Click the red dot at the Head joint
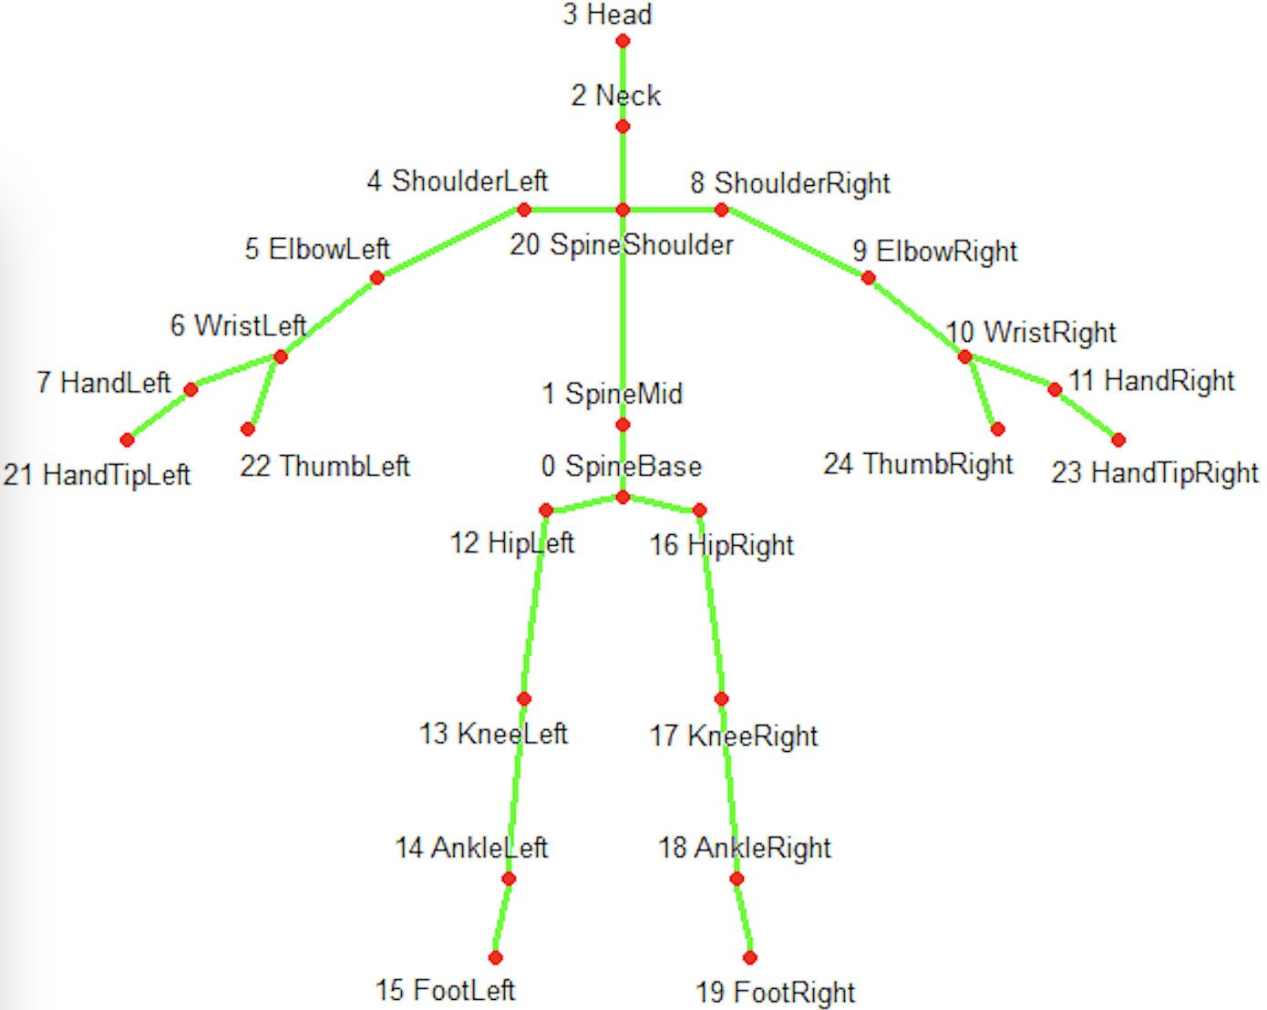pyautogui.click(x=623, y=41)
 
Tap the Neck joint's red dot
pyautogui.click(x=623, y=126)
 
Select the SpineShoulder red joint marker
pyautogui.click(x=623, y=210)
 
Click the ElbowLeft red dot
pyautogui.click(x=376, y=278)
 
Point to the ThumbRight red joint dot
pyautogui.click(x=997, y=428)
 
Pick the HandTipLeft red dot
pyautogui.click(x=128, y=439)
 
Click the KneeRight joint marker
pyautogui.click(x=721, y=699)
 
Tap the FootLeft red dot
pyautogui.click(x=495, y=957)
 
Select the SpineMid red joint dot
pyautogui.click(x=623, y=425)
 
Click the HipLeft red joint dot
pyautogui.click(x=546, y=510)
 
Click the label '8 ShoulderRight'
pyautogui.click(x=789, y=183)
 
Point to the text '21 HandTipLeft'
pyautogui.click(x=97, y=475)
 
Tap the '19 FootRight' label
pyautogui.click(x=775, y=992)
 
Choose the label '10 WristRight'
pyautogui.click(x=1030, y=333)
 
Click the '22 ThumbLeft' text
pyautogui.click(x=324, y=466)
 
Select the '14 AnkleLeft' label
pyautogui.click(x=471, y=848)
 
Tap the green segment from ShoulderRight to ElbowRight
pyautogui.click(x=795, y=243)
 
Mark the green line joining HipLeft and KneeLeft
pyautogui.click(x=535, y=604)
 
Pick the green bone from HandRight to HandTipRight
pyautogui.click(x=1087, y=415)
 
